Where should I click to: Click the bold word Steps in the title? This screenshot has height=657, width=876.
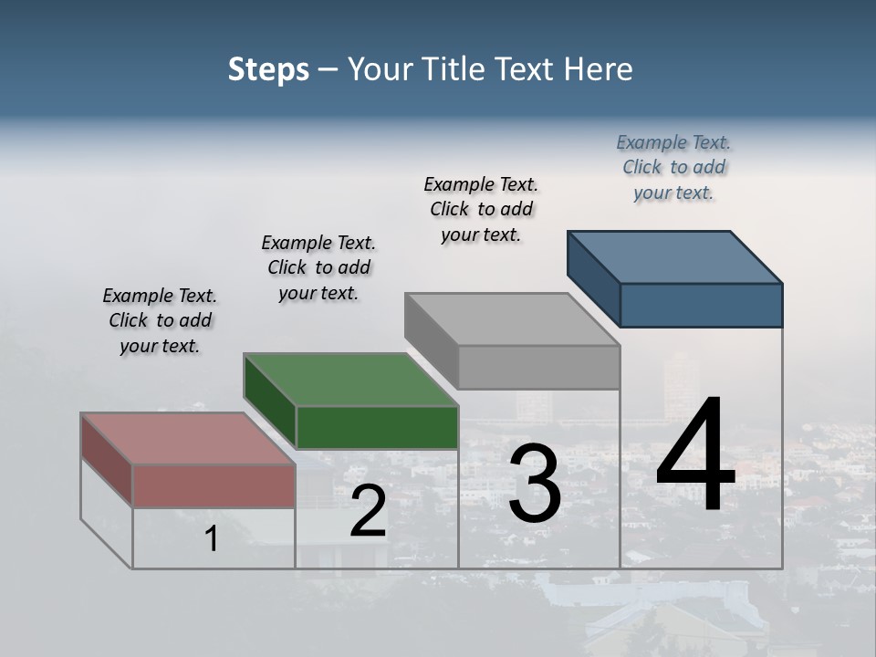pos(268,69)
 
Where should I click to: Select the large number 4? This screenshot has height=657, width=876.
pos(695,456)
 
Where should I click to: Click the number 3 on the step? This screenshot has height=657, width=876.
pos(534,484)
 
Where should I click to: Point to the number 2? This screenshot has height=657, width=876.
pos(368,512)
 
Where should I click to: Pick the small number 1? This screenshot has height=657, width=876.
pos(212,539)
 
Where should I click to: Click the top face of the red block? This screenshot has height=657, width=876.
pos(187,439)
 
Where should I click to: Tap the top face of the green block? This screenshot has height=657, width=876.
pos(350,380)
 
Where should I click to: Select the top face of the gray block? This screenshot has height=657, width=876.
pos(512,319)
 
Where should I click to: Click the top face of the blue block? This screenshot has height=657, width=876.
pos(674,257)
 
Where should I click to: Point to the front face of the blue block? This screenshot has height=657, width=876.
pos(701,305)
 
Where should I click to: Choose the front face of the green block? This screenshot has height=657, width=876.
pos(377,427)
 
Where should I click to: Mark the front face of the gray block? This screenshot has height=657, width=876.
pos(538,367)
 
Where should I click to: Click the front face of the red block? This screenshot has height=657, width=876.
pos(214,485)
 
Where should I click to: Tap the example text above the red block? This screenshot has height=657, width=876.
pos(160,320)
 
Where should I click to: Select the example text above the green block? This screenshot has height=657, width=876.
pos(318,267)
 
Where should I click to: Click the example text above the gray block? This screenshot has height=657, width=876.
pos(481,209)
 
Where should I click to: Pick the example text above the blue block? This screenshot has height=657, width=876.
pos(673,167)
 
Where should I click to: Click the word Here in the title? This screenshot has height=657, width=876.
pos(599,69)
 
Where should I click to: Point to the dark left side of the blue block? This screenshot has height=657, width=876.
pos(593,276)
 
